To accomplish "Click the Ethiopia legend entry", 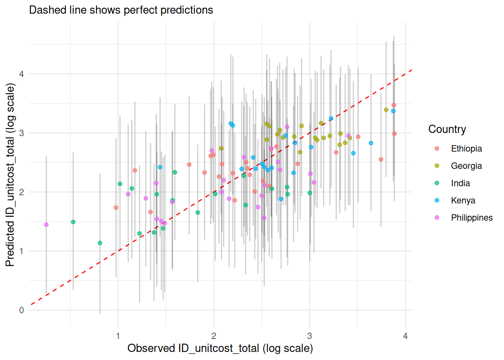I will pyautogui.click(x=466, y=148).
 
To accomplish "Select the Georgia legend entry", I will pyautogui.click(x=466, y=166).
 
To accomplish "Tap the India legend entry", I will pyautogui.click(x=460, y=183).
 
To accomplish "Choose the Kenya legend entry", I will pyautogui.click(x=463, y=200).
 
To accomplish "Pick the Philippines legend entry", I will pyautogui.click(x=471, y=217).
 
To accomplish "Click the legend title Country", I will pyautogui.click(x=447, y=129).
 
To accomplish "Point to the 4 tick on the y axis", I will pyautogui.click(x=21, y=74).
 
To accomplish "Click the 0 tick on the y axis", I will pyautogui.click(x=21, y=310).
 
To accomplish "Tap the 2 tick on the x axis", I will pyautogui.click(x=214, y=336).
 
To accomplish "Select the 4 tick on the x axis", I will pyautogui.click(x=405, y=336).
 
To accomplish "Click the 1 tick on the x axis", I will pyautogui.click(x=118, y=336).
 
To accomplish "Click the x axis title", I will pyautogui.click(x=220, y=348).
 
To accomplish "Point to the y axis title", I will pyautogui.click(x=10, y=175).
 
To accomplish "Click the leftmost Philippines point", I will pyautogui.click(x=46, y=225).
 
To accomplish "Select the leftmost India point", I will pyautogui.click(x=73, y=222).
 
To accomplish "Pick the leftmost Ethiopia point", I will pyautogui.click(x=116, y=208).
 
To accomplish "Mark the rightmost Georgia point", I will pyautogui.click(x=386, y=110).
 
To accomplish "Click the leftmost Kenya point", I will pyautogui.click(x=160, y=167).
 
